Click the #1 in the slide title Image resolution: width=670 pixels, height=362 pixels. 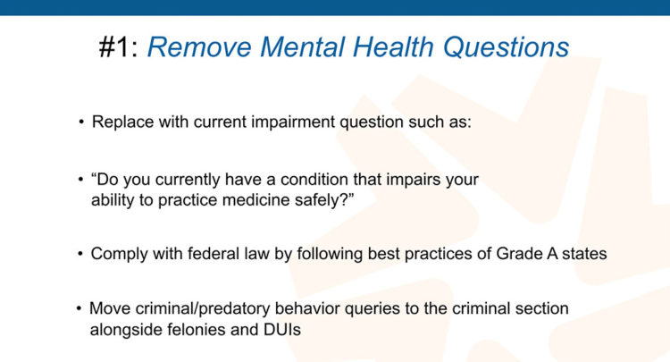pyautogui.click(x=113, y=46)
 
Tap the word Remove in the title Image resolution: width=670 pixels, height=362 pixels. pyautogui.click(x=199, y=46)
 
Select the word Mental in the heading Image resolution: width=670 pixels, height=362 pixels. pyautogui.click(x=303, y=46)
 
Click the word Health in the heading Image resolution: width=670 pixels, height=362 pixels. pyautogui.click(x=393, y=46)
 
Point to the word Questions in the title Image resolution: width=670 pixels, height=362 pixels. pyautogui.click(x=507, y=46)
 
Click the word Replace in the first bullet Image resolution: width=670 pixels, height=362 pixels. pyautogui.click(x=122, y=122)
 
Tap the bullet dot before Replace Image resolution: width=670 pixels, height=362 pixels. pyautogui.click(x=81, y=122)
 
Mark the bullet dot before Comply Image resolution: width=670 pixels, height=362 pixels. pyautogui.click(x=80, y=254)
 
